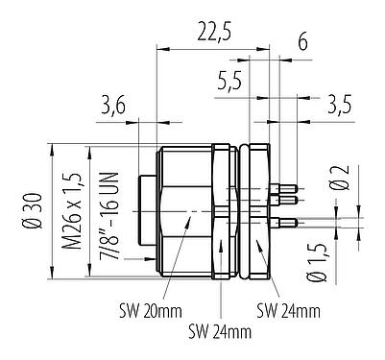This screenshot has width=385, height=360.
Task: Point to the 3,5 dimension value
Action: (x=336, y=102)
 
